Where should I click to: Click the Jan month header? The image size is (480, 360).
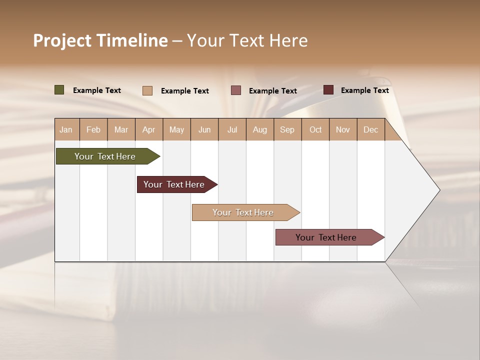pos(66,129)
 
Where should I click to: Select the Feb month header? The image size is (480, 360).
pos(93,129)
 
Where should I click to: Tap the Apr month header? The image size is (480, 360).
pos(148,129)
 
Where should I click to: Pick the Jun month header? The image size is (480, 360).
pos(204,129)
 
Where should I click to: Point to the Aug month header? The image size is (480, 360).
pos(259,129)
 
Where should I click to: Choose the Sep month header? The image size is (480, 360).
pos(287,129)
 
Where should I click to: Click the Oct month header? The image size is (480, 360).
pos(315,129)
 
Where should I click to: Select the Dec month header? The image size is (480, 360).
pos(370,129)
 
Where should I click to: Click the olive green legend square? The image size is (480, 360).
pos(59,90)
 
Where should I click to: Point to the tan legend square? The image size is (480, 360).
pos(147,90)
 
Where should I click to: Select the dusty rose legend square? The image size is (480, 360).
pos(236,90)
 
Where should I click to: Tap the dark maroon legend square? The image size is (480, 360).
pos(328,90)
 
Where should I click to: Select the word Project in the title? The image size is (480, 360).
pos(62,40)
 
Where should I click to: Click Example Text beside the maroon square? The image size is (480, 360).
pos(364,90)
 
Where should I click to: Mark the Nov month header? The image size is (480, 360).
pos(342,129)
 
